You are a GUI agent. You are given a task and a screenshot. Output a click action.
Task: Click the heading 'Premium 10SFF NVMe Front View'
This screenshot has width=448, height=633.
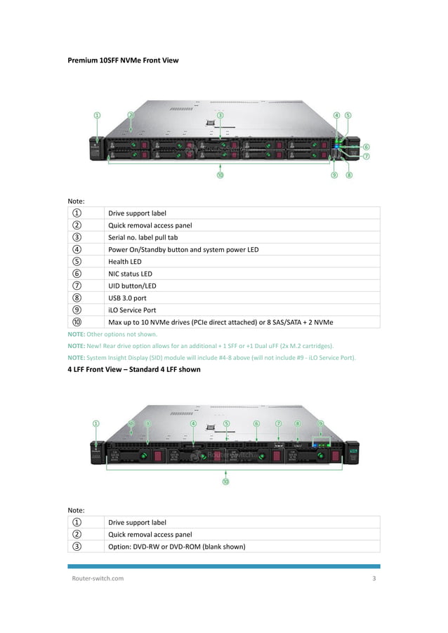coord(123,60)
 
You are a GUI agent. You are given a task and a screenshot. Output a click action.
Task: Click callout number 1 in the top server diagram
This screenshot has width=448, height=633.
coord(97,115)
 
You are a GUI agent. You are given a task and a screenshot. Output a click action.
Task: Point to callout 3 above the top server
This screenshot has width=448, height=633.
coord(220,115)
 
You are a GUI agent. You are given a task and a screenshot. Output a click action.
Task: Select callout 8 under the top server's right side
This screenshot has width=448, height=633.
coord(348,175)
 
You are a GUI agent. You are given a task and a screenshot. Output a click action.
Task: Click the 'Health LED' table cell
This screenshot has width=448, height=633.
coord(124,262)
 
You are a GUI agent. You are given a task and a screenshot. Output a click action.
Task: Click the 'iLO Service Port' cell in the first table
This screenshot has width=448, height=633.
coord(132,309)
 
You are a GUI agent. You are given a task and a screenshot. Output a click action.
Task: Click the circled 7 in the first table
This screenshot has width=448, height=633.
coord(76,286)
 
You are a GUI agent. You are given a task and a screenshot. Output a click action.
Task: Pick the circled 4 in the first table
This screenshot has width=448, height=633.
coord(76,249)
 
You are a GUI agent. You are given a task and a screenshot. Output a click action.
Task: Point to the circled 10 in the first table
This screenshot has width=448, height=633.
coord(76,322)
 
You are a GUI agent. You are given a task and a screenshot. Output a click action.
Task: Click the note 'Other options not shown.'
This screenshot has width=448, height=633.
coord(112,335)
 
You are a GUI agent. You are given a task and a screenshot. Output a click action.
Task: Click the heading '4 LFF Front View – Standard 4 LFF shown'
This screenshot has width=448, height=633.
coord(133,369)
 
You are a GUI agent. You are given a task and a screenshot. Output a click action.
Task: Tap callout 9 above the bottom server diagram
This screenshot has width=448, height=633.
coord(321,424)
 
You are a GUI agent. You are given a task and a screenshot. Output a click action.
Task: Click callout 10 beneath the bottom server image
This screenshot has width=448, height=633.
coord(225,481)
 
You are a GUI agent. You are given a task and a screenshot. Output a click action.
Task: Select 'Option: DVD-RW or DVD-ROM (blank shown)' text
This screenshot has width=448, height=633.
coord(176,546)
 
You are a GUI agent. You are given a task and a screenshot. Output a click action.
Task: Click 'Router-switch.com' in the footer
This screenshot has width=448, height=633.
coord(98,578)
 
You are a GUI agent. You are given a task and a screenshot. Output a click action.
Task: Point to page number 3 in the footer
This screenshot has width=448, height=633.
coord(374,578)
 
